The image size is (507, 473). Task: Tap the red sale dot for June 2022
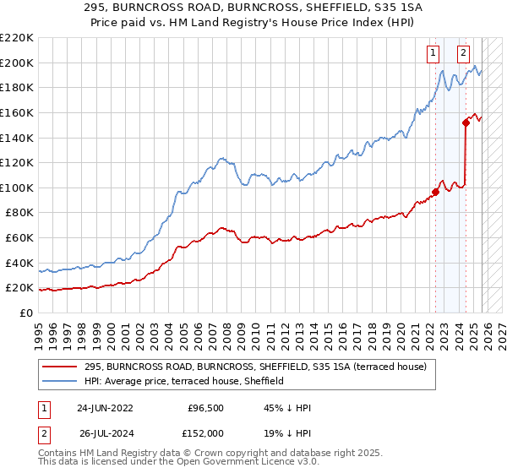click(436, 191)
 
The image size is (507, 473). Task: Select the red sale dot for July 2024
click(466, 122)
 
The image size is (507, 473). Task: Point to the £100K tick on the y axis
click(18, 188)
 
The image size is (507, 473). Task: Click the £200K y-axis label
click(18, 63)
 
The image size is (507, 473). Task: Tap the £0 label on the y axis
click(25, 313)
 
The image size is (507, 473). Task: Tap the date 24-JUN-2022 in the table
click(106, 408)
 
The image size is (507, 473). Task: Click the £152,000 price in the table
click(205, 433)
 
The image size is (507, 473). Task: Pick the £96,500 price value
click(205, 408)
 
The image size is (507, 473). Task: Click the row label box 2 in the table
click(43, 433)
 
